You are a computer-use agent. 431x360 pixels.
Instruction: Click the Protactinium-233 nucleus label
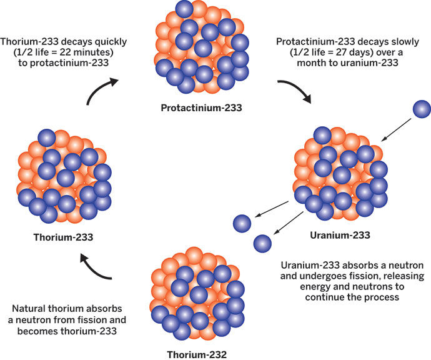point(201,107)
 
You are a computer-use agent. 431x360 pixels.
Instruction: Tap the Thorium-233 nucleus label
point(63,237)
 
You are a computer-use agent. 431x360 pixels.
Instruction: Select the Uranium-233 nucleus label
point(340,235)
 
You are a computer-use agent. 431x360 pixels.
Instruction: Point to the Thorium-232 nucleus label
point(197,354)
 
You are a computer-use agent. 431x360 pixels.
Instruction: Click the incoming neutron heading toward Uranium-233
point(422,109)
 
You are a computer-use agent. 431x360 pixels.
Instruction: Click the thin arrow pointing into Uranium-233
point(396,130)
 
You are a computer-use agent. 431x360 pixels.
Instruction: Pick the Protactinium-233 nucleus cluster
point(202,47)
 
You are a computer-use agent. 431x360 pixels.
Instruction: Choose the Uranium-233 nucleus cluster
point(341,174)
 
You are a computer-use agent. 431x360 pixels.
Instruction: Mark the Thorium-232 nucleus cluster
point(197,294)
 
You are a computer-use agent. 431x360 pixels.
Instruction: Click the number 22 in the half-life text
point(66,52)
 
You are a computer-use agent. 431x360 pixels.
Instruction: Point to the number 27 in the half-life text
point(342,52)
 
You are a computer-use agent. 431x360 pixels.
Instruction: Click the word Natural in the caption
point(29,309)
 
